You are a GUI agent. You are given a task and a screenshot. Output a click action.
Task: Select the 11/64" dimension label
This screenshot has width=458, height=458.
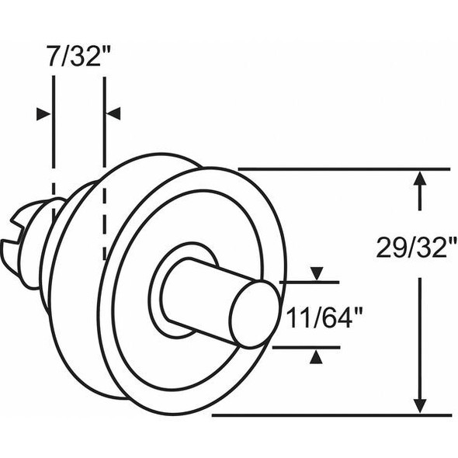tap(324, 317)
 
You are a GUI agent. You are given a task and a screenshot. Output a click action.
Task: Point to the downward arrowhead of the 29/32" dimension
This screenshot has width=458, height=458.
tap(420, 404)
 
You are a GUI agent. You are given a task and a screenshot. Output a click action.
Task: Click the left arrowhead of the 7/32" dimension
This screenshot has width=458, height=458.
tap(43, 114)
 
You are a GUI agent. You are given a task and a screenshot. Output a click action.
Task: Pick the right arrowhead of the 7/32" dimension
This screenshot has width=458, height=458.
tap(113, 114)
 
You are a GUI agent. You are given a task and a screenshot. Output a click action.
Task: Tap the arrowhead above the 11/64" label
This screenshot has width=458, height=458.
tap(315, 273)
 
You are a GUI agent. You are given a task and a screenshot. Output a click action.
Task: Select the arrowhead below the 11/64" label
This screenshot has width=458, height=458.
tap(315, 356)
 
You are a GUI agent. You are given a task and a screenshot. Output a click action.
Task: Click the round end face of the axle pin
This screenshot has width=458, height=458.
tap(254, 314)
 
